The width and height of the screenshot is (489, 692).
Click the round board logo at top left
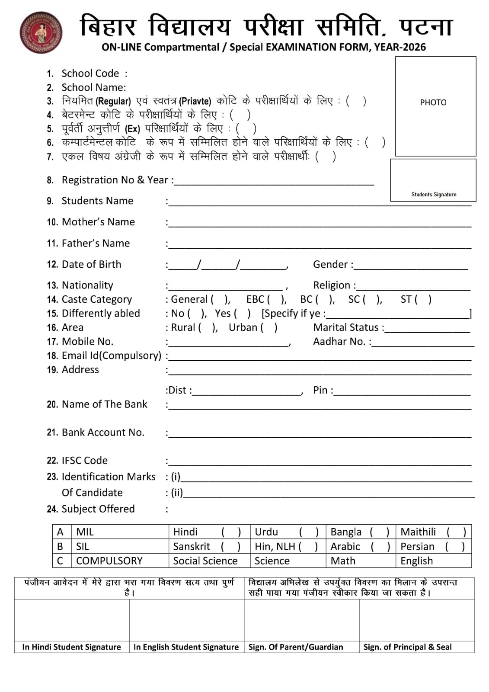coord(41,32)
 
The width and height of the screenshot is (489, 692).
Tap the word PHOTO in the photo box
coord(433,103)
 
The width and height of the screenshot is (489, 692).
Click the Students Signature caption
coord(434,195)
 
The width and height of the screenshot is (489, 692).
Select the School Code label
coord(90,74)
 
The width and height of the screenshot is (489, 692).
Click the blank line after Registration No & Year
coord(274,182)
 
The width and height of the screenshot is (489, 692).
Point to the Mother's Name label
coord(98,222)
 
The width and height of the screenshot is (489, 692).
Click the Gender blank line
coord(411,266)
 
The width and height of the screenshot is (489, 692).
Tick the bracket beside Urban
coord(268,327)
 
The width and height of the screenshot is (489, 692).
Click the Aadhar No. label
coord(342,342)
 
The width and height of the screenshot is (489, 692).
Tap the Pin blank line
coord(402,391)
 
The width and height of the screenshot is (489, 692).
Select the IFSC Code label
coord(85,460)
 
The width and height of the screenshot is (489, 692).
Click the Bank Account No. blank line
coord(320,434)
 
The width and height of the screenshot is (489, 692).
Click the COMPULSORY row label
coord(109,561)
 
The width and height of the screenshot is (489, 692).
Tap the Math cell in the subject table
coord(343,561)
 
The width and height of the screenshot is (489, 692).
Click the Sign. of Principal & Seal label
coord(407,647)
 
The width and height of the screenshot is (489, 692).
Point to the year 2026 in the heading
coord(414,47)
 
